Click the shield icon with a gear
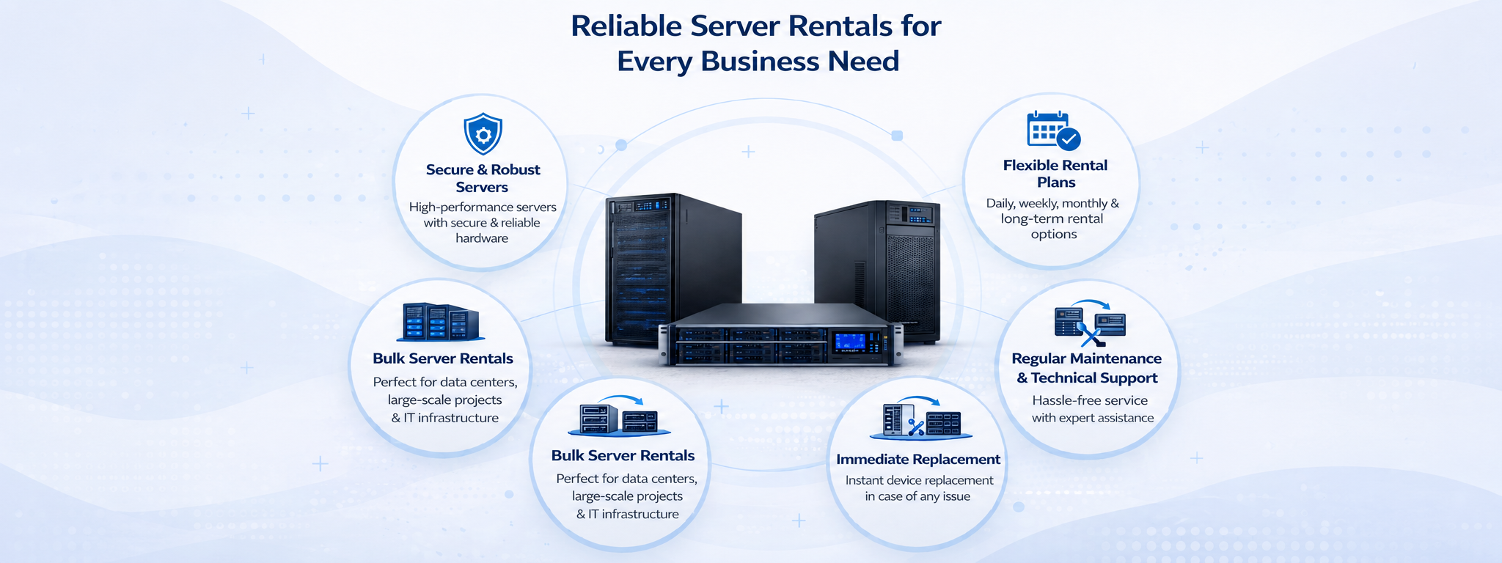tap(483, 133)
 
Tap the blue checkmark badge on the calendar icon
tap(1069, 139)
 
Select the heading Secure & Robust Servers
tap(483, 178)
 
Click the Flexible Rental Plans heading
tap(1055, 174)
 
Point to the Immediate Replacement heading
tap(918, 460)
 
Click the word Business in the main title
tap(758, 62)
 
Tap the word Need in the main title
tap(863, 62)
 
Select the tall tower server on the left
tap(673, 268)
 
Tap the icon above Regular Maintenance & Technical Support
tap(1090, 323)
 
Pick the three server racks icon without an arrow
tap(441, 323)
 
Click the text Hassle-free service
tap(1090, 400)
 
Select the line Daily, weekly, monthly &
tap(1052, 203)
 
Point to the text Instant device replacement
tap(919, 480)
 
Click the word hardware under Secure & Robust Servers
tap(482, 238)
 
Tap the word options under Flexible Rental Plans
tap(1054, 235)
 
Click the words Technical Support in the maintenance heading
tap(1094, 378)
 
